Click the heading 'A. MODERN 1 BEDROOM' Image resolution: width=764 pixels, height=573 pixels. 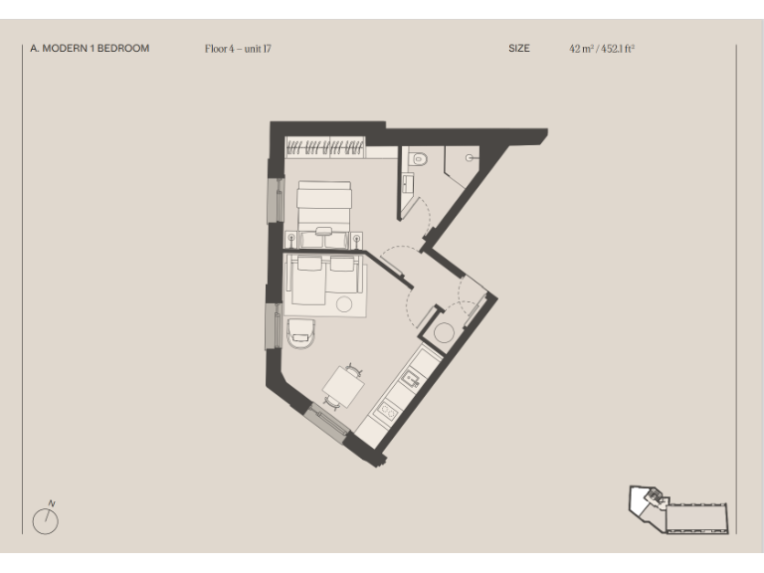point(90,48)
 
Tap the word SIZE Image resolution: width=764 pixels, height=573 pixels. point(519,48)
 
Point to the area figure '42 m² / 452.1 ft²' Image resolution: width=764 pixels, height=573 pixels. point(602,48)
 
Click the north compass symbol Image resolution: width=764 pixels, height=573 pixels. point(46,518)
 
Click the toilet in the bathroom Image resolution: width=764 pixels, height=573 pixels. point(419,157)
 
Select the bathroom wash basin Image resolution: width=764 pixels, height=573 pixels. point(407,183)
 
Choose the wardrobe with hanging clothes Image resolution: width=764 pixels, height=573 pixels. point(325,148)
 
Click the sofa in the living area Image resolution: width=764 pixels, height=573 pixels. point(322,280)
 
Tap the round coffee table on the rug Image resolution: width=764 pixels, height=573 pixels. point(346,304)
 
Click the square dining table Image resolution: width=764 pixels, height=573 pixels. point(344,384)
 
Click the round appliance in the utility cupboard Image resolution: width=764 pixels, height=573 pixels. point(445,332)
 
